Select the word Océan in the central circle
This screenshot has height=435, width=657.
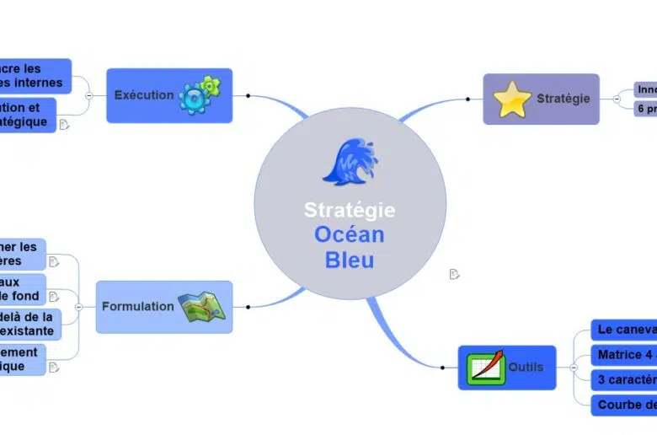349,234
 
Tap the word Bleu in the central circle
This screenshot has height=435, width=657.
349,260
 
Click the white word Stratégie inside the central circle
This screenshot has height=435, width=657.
349,209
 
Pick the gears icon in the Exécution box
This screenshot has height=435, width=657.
201,95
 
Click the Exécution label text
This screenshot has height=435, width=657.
144,95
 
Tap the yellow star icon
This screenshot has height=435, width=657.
512,99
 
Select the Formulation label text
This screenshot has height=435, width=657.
137,307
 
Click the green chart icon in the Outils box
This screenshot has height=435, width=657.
486,368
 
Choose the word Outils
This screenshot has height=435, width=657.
526,368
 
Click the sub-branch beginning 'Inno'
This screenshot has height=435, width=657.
646,89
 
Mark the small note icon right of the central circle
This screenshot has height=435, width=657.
455,274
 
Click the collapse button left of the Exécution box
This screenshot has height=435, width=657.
89,95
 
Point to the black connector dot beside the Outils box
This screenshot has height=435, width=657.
443,368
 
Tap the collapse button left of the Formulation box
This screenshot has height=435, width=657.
78,307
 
